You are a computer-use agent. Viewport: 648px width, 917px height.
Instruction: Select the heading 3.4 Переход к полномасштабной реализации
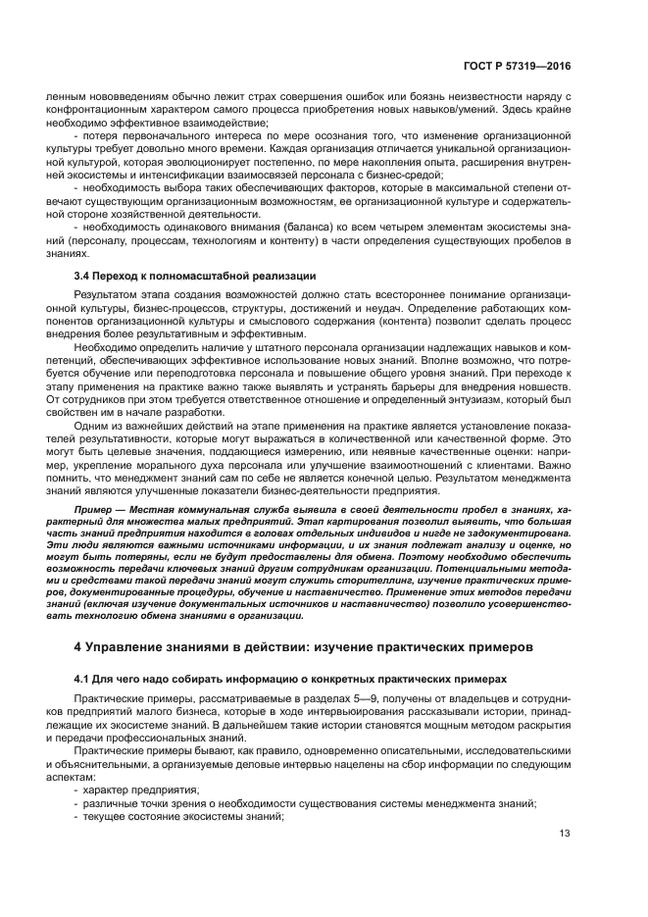tap(196, 275)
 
